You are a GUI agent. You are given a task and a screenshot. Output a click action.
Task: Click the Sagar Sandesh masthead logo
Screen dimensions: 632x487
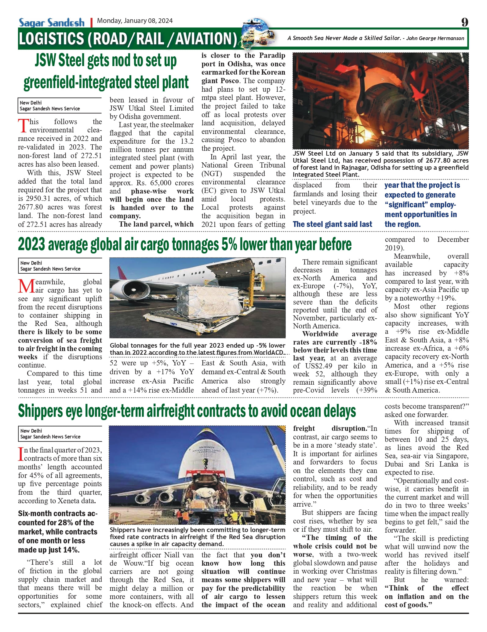click(x=52, y=23)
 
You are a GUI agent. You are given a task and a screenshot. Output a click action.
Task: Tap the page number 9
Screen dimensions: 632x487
click(x=464, y=22)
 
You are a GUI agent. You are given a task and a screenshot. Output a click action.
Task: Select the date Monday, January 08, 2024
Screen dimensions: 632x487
click(x=135, y=21)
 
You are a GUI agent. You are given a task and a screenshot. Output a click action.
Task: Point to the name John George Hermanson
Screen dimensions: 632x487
click(x=435, y=38)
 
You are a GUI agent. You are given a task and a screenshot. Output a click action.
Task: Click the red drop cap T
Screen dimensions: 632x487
click(x=23, y=126)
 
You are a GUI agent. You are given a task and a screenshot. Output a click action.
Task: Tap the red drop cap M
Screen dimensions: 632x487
click(x=26, y=286)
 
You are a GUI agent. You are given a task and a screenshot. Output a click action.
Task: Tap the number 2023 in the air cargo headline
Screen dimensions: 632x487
click(x=31, y=245)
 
